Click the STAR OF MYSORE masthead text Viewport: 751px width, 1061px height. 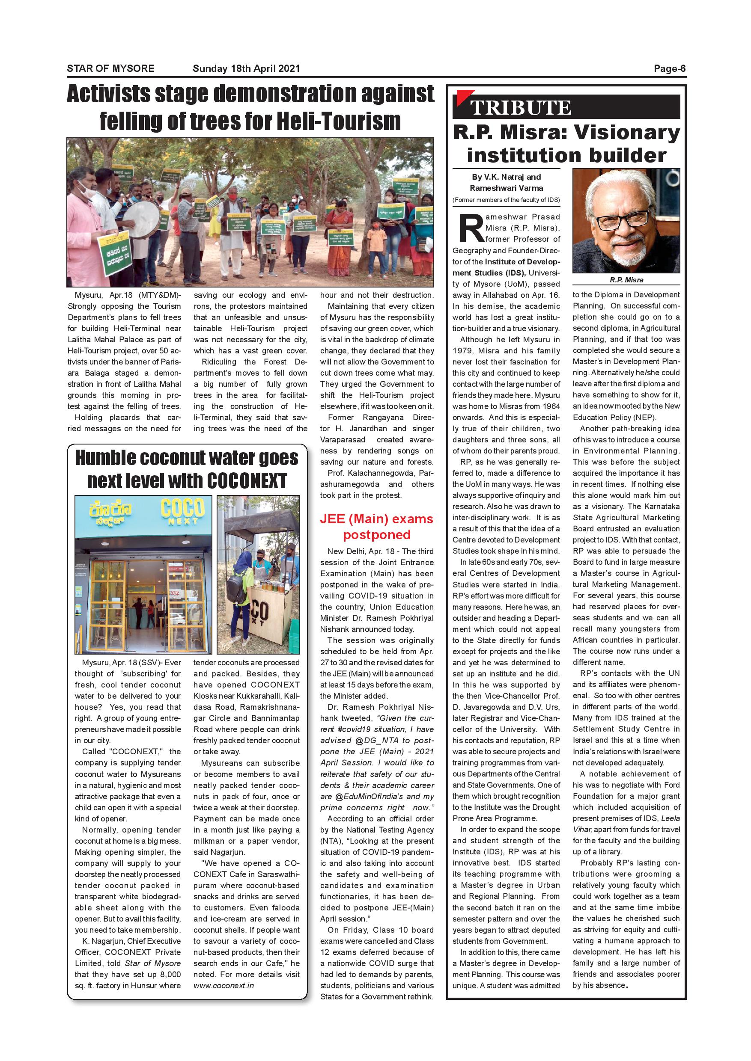(110, 68)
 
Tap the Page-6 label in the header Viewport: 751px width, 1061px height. (669, 68)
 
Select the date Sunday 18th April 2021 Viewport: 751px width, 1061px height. (246, 68)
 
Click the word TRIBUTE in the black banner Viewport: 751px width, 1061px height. (521, 108)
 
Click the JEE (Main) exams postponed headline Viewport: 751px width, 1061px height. (376, 526)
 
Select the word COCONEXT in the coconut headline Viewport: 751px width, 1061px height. (247, 480)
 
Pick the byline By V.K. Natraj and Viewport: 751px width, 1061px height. (506, 177)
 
